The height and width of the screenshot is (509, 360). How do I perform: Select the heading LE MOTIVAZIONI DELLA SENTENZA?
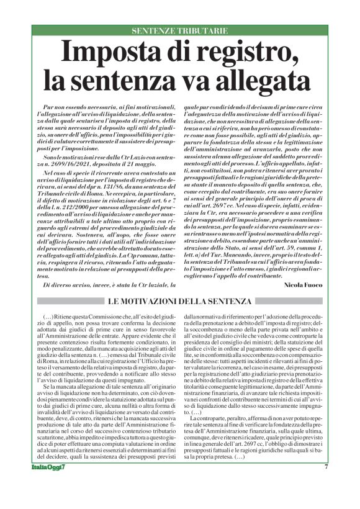179,302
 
